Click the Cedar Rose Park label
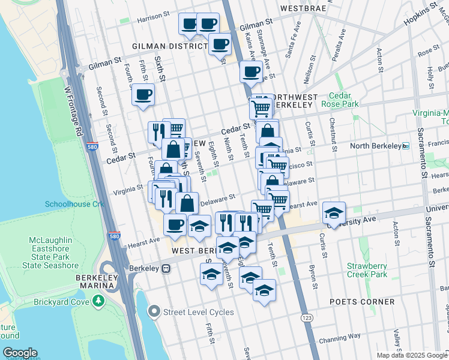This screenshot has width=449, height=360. [343, 100]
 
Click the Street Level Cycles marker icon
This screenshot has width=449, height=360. [155, 311]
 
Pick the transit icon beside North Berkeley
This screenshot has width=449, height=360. [405, 146]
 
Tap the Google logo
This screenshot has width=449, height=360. [20, 352]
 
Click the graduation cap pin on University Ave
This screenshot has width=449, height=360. [334, 212]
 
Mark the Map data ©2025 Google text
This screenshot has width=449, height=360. [412, 355]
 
